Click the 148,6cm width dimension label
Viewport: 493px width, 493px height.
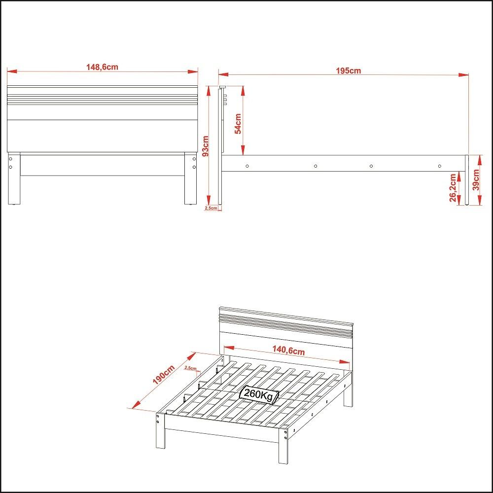point(103,67)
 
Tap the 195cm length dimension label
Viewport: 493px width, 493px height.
point(348,70)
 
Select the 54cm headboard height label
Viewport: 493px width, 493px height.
point(238,124)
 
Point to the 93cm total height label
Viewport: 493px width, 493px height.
point(206,145)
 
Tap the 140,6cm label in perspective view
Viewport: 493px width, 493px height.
point(288,351)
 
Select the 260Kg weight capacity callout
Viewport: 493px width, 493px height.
point(259,395)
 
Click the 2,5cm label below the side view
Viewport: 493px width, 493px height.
point(211,209)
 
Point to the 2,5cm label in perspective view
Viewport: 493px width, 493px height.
point(190,368)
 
